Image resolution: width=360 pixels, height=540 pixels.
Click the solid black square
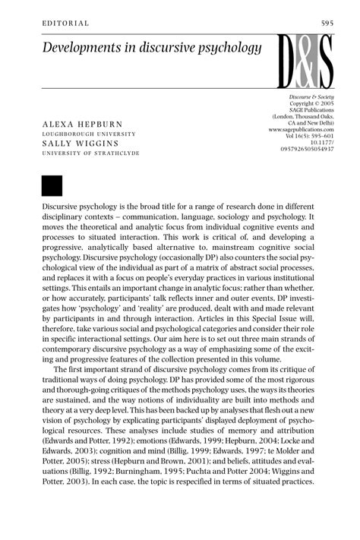click(x=52, y=185)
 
